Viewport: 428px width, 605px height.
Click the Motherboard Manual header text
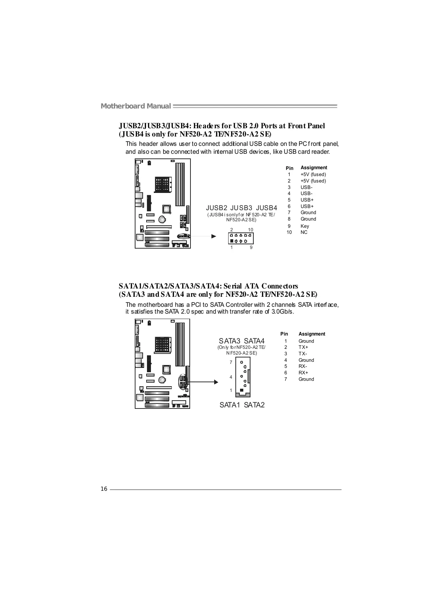[135, 106]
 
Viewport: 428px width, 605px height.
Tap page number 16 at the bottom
[104, 489]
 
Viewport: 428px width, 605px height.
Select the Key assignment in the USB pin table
[305, 226]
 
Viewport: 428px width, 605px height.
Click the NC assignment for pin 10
[304, 232]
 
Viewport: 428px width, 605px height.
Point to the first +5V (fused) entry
[313, 174]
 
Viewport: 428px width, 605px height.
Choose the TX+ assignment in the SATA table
[303, 347]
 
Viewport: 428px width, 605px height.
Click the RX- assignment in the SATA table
[303, 366]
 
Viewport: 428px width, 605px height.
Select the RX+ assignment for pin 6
[303, 373]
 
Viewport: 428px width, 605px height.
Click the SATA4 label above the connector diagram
[254, 341]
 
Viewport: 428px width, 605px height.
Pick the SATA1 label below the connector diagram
[230, 405]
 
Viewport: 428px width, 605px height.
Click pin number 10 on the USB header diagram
[250, 230]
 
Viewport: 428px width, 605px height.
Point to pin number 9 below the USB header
[251, 248]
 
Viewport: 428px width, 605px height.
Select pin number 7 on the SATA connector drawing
[231, 362]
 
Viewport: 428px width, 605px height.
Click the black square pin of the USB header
[232, 240]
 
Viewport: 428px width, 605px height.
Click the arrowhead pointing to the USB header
[213, 236]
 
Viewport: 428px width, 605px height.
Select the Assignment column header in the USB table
[314, 168]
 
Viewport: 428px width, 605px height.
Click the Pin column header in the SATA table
[284, 334]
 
